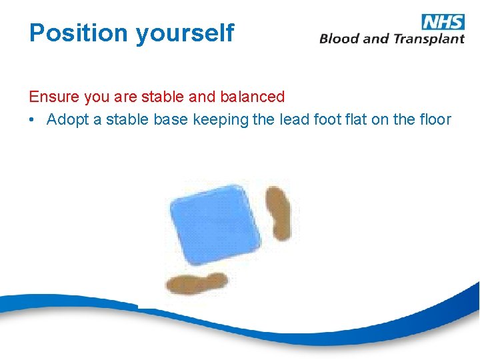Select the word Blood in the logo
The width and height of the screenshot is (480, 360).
tap(339, 39)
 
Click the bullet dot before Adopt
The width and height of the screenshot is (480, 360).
tap(33, 120)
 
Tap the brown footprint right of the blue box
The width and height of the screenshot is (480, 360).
tap(279, 213)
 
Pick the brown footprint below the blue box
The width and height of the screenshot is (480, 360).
tap(197, 283)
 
